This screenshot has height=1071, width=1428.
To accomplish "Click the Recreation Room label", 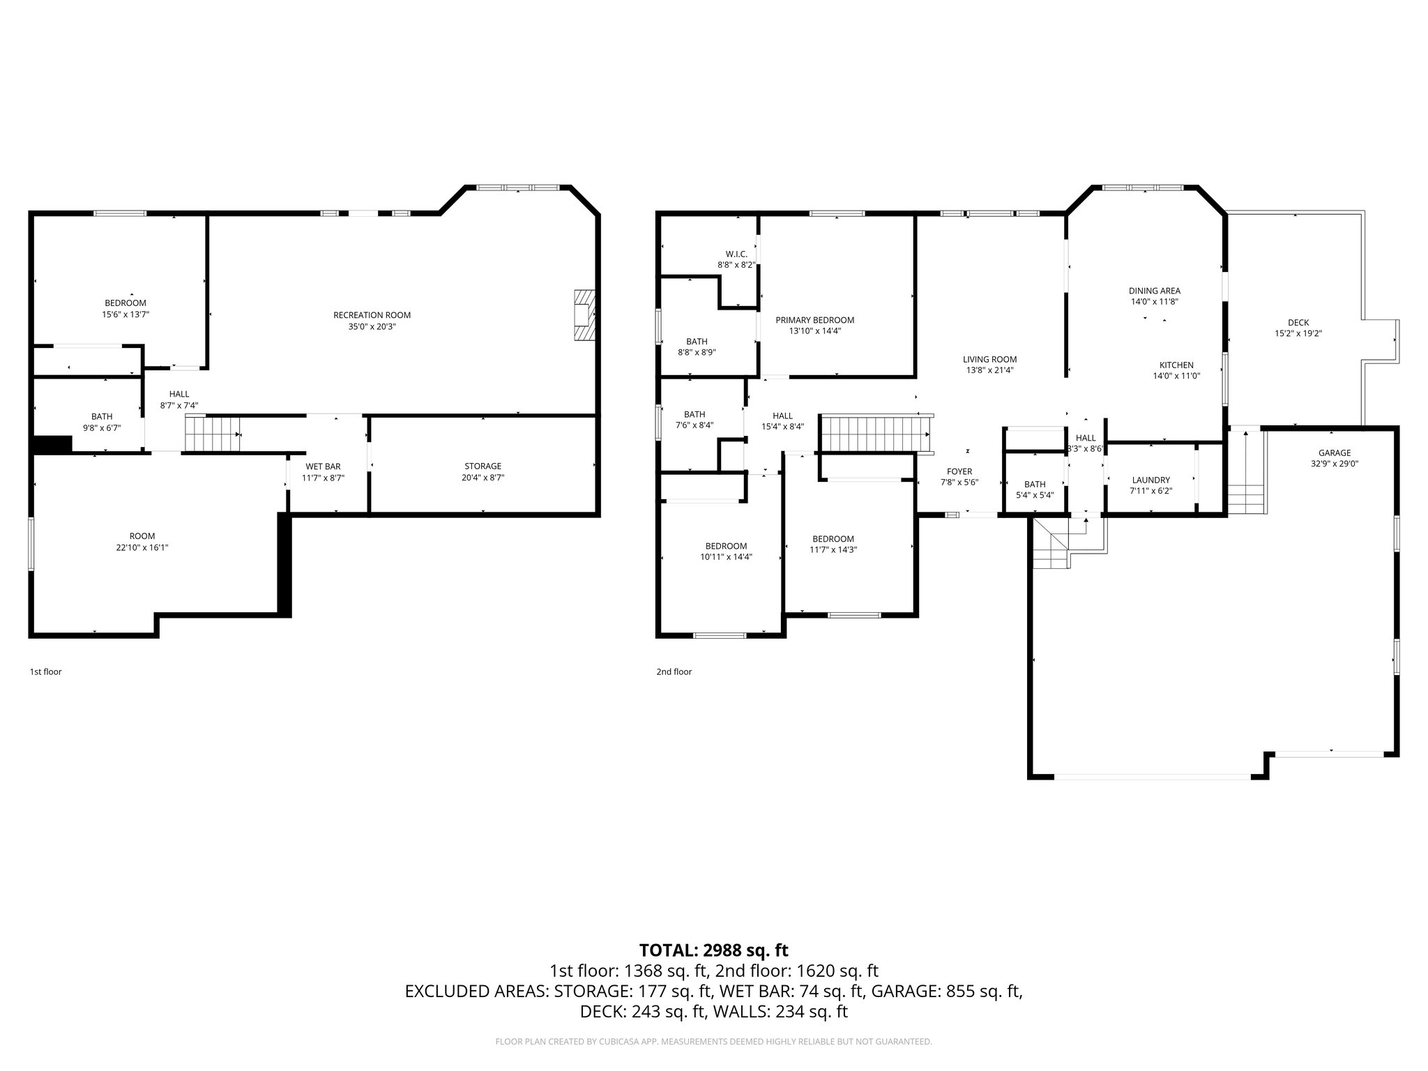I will (372, 315).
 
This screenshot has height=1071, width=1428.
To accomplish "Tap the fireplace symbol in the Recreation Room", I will (584, 315).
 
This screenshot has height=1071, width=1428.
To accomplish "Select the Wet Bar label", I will (323, 466).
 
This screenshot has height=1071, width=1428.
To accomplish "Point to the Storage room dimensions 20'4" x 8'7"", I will (483, 478).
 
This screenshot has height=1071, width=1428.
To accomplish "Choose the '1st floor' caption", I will (45, 671).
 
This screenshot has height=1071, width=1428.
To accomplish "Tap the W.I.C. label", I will (736, 255).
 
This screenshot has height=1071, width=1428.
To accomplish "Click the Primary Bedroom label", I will (814, 320).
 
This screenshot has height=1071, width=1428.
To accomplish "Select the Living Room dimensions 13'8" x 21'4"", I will (989, 370).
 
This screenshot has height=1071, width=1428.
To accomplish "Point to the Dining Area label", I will (1154, 291).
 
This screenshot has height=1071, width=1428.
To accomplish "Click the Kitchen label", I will (1176, 365).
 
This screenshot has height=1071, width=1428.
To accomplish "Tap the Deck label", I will (1298, 322).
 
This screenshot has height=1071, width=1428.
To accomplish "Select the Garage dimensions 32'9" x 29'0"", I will (1334, 463).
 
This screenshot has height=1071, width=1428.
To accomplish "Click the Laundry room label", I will (1150, 480).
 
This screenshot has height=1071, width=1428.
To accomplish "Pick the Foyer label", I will (959, 471).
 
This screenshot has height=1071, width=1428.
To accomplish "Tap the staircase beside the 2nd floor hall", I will (876, 434).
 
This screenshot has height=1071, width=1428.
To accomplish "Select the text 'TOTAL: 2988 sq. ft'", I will (713, 950).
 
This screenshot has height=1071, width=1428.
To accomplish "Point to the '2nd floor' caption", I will (674, 671).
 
